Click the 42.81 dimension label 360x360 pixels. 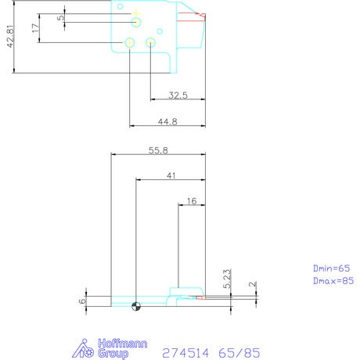pyautogui.click(x=10, y=36)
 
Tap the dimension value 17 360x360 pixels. pyautogui.click(x=36, y=28)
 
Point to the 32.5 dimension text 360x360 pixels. pyautogui.click(x=178, y=95)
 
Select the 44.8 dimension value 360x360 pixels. pyautogui.click(x=167, y=122)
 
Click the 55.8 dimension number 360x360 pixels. pyautogui.click(x=158, y=150)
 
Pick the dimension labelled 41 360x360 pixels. pyautogui.click(x=171, y=176)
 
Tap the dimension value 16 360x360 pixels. pyautogui.click(x=192, y=201)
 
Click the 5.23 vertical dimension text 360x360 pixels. pyautogui.click(x=227, y=279)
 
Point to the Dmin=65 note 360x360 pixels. pyautogui.click(x=331, y=268)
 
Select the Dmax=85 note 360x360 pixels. pyautogui.click(x=333, y=281)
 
